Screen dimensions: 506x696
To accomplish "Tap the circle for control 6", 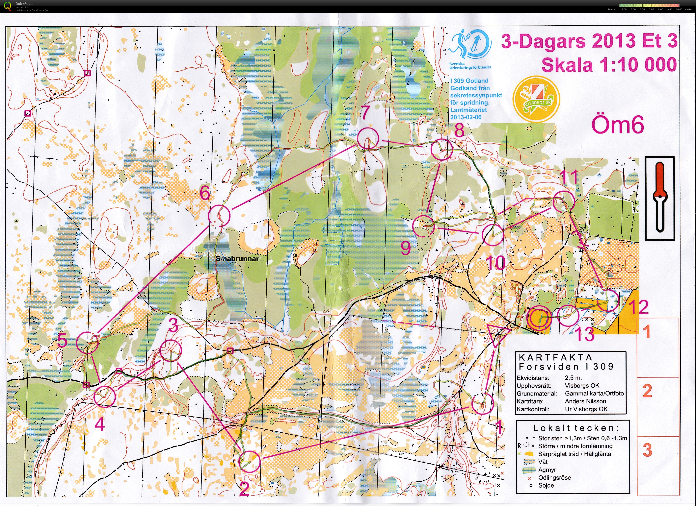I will [x=219, y=216].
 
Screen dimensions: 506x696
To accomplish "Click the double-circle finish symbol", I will [x=539, y=318].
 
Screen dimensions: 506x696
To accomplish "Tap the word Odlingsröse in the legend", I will [x=554, y=477].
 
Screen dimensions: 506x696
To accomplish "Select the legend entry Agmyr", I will [x=547, y=470].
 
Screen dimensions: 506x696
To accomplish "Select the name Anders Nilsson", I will [x=585, y=401].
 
